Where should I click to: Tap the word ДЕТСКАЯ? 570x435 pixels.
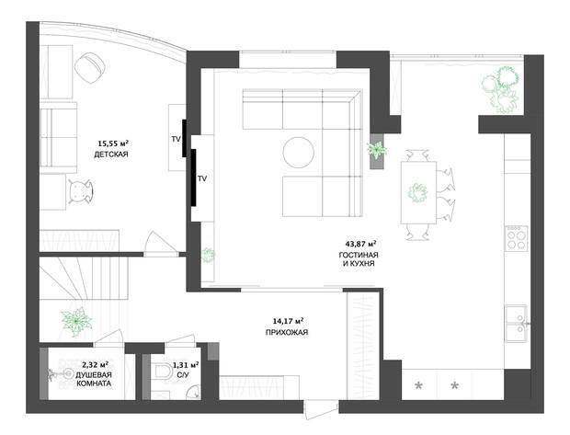pyautogui.click(x=111, y=155)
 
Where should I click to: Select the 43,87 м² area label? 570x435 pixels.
pyautogui.click(x=360, y=244)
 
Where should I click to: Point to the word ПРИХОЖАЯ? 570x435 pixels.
pyautogui.click(x=287, y=332)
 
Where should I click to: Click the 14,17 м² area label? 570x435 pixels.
pyautogui.click(x=288, y=321)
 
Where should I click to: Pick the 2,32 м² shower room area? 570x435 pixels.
pyautogui.click(x=95, y=364)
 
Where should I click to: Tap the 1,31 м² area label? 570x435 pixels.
pyautogui.click(x=186, y=365)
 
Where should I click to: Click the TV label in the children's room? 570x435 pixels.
pyautogui.click(x=176, y=139)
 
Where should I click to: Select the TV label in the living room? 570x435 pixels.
pyautogui.click(x=202, y=178)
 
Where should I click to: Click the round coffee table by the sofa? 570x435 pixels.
pyautogui.click(x=298, y=153)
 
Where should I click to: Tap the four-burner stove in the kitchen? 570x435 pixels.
pyautogui.click(x=517, y=238)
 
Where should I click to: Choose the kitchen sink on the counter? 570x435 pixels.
pyautogui.click(x=518, y=324)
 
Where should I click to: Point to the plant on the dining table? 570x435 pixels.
pyautogui.click(x=417, y=193)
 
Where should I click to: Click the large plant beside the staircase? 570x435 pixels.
pyautogui.click(x=76, y=321)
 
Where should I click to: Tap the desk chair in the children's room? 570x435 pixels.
pyautogui.click(x=81, y=191)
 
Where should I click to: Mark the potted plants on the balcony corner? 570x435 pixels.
pyautogui.click(x=501, y=89)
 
